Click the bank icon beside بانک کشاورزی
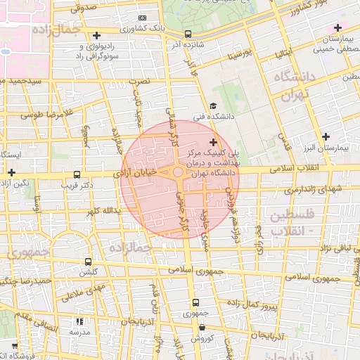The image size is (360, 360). point(143,18)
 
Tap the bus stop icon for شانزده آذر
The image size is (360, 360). point(188,34)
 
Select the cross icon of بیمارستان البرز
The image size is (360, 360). point(325,136)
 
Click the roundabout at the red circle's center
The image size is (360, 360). point(179,172)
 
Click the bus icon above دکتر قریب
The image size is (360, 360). point(77,175)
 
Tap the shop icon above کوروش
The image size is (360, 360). point(202,327)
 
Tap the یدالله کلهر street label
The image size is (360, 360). point(103,210)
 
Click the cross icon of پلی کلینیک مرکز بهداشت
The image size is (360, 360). point(214,143)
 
